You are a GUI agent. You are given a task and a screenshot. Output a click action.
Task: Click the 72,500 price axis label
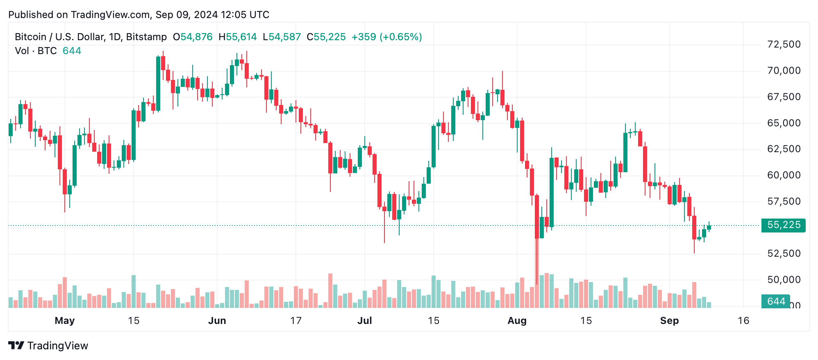coord(784,44)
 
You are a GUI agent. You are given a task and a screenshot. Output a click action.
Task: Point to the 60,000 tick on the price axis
coord(784,175)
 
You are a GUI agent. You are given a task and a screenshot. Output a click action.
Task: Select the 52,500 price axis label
coord(784,253)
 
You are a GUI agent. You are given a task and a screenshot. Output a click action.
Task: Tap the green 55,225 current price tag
coord(783,225)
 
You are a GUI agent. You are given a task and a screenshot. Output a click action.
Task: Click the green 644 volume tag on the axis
coord(776,301)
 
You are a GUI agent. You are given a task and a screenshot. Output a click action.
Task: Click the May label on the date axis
coord(65,321)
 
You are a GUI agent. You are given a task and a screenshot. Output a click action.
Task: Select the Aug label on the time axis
coord(517,321)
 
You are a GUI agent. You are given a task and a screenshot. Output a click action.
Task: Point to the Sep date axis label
coord(669,321)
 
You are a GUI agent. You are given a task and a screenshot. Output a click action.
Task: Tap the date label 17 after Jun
coord(296,321)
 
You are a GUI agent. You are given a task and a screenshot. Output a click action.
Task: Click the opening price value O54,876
coord(193,37)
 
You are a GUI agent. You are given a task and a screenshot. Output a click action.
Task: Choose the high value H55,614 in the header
coord(238,37)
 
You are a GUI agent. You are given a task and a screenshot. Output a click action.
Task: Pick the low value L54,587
coord(282,37)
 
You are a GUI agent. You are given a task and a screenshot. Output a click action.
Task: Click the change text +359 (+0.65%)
coord(386,37)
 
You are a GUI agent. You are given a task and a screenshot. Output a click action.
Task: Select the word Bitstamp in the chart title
coord(146,37)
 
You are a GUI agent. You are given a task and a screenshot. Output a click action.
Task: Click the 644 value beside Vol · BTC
coord(72,51)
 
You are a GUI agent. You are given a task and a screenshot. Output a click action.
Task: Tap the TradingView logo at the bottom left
coord(48,346)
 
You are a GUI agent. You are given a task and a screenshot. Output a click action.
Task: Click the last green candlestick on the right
coord(709,227)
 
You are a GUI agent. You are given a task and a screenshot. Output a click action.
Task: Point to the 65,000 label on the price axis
coord(784,123)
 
